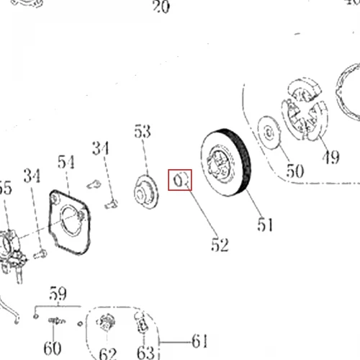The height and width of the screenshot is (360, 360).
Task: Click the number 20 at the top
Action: [161, 6]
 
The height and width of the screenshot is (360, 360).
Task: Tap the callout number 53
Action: [143, 131]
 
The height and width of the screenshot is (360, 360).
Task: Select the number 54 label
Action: [66, 162]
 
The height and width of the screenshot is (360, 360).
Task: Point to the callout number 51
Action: [265, 225]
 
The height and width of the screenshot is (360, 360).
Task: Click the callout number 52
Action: [220, 245]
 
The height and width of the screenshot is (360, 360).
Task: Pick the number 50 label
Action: [295, 171]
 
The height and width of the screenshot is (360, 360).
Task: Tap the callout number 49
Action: [331, 157]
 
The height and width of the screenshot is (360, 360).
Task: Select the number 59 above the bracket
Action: [58, 293]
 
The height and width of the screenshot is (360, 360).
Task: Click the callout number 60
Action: [53, 348]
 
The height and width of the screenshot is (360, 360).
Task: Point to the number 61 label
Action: [199, 341]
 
